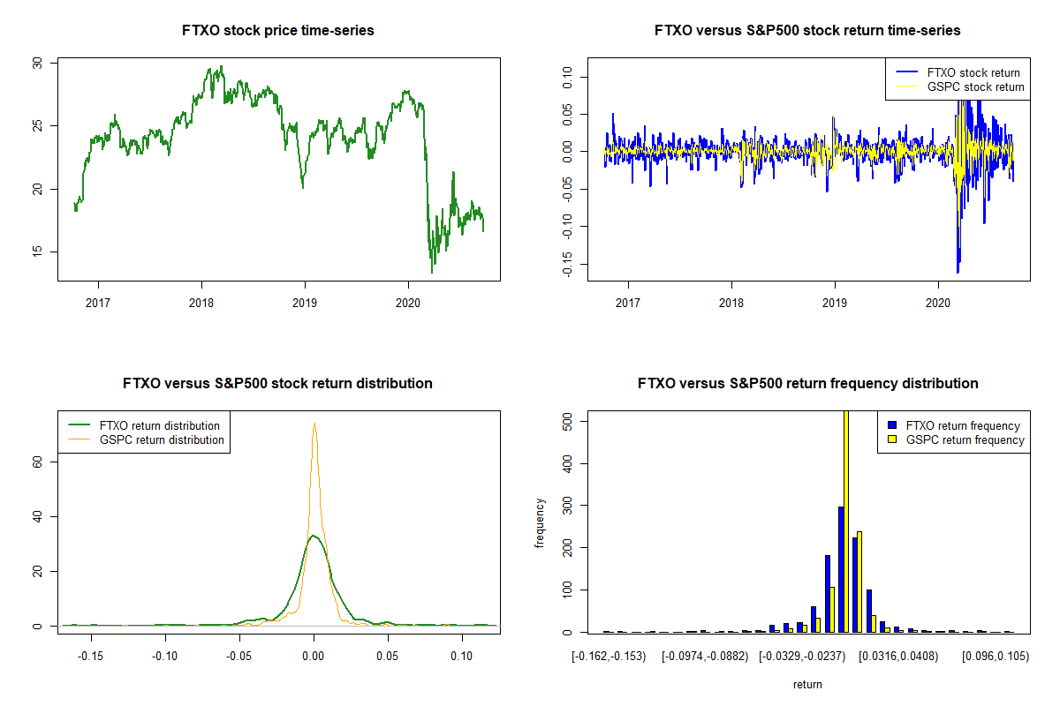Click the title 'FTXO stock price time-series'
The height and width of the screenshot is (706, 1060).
[278, 31]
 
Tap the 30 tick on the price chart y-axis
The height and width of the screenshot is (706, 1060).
[37, 64]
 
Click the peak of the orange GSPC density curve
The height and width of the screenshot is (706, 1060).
[314, 424]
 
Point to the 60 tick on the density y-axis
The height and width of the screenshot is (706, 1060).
[37, 462]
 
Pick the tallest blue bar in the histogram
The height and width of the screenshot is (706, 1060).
[841, 569]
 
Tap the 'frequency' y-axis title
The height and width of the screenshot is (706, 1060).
[540, 523]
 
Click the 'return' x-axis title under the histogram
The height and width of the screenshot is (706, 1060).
[807, 684]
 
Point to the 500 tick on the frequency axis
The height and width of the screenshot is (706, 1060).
[567, 422]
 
